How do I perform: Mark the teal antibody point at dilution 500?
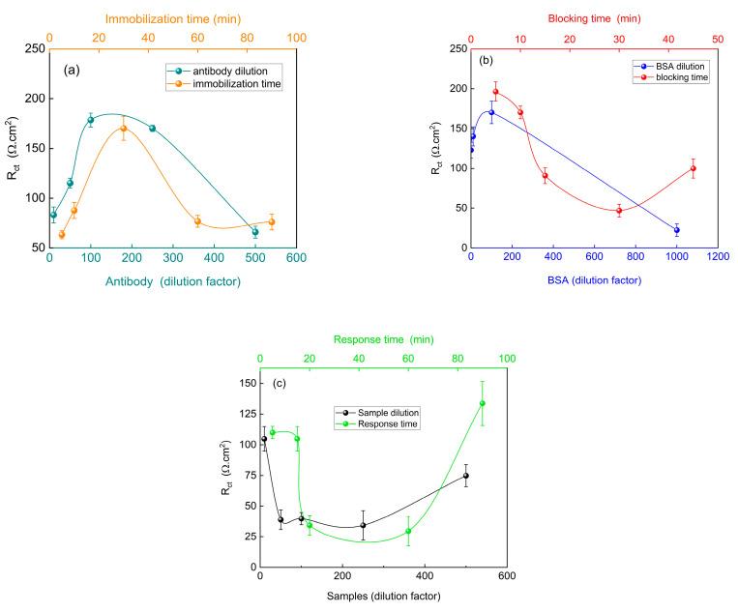tap(255, 232)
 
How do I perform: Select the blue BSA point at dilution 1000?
tap(676, 230)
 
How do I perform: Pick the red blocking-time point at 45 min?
tap(693, 168)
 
